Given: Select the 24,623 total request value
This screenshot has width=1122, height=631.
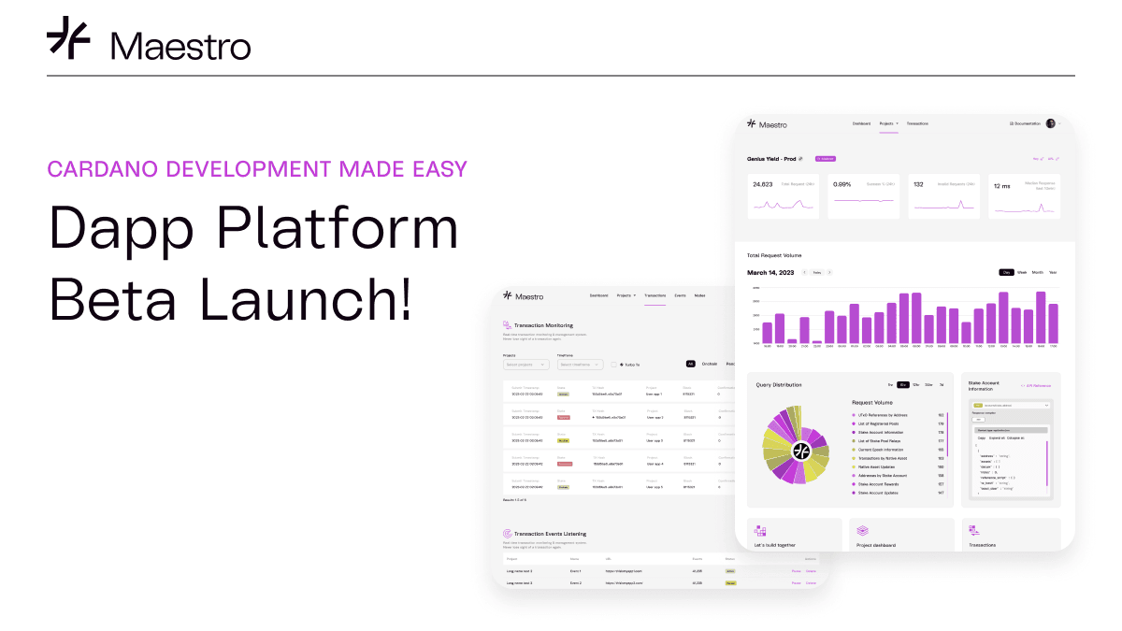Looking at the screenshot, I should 763,184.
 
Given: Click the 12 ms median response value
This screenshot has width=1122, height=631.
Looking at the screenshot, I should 1001,185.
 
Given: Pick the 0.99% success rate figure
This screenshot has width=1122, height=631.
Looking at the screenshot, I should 841,184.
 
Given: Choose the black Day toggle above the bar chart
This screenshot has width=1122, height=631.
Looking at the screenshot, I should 1007,272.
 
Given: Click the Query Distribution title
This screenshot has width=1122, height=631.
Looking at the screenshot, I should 778,384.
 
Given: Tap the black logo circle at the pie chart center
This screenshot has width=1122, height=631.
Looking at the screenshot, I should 800,451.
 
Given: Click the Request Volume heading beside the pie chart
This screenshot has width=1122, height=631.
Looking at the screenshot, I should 871,402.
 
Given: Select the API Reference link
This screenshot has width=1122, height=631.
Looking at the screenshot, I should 1036,384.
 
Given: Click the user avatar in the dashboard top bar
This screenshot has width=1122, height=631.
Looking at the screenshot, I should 1050,123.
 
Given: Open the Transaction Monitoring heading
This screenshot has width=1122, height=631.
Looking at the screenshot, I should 543,324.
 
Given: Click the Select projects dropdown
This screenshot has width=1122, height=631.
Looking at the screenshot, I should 526,365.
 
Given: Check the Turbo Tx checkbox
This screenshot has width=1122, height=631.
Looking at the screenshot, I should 613,365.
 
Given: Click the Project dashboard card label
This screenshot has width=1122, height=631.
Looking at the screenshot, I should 876,545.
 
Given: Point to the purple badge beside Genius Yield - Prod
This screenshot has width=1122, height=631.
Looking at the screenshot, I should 825,158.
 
